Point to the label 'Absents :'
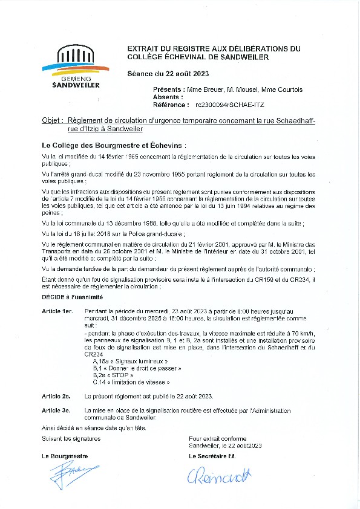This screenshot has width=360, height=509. [x=168, y=97]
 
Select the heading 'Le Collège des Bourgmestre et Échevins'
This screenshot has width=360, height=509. [x=113, y=146]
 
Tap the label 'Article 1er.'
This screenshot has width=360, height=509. [x=57, y=310]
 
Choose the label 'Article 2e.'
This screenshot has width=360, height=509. [x=56, y=396]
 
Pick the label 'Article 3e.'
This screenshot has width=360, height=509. [x=56, y=410]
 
